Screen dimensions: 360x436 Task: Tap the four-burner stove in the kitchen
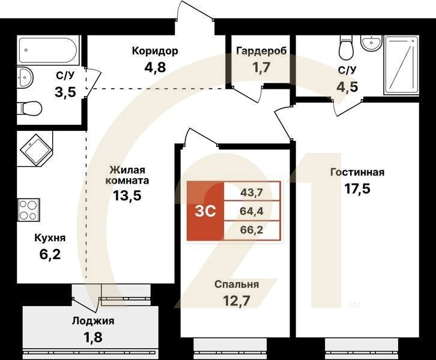(28, 210)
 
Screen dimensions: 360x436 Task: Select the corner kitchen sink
(34, 148)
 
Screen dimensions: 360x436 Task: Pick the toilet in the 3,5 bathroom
(29, 109)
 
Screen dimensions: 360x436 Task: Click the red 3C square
(204, 211)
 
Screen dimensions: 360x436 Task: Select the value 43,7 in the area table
(252, 192)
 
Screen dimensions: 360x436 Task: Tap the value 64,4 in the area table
(252, 211)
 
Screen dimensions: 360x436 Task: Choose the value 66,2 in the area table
(252, 229)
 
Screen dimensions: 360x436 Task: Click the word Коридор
(155, 50)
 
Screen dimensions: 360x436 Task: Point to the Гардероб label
(261, 50)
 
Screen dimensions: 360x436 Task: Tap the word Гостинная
(357, 173)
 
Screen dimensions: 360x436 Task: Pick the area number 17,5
(357, 188)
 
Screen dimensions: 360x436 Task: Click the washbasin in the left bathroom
(25, 77)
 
